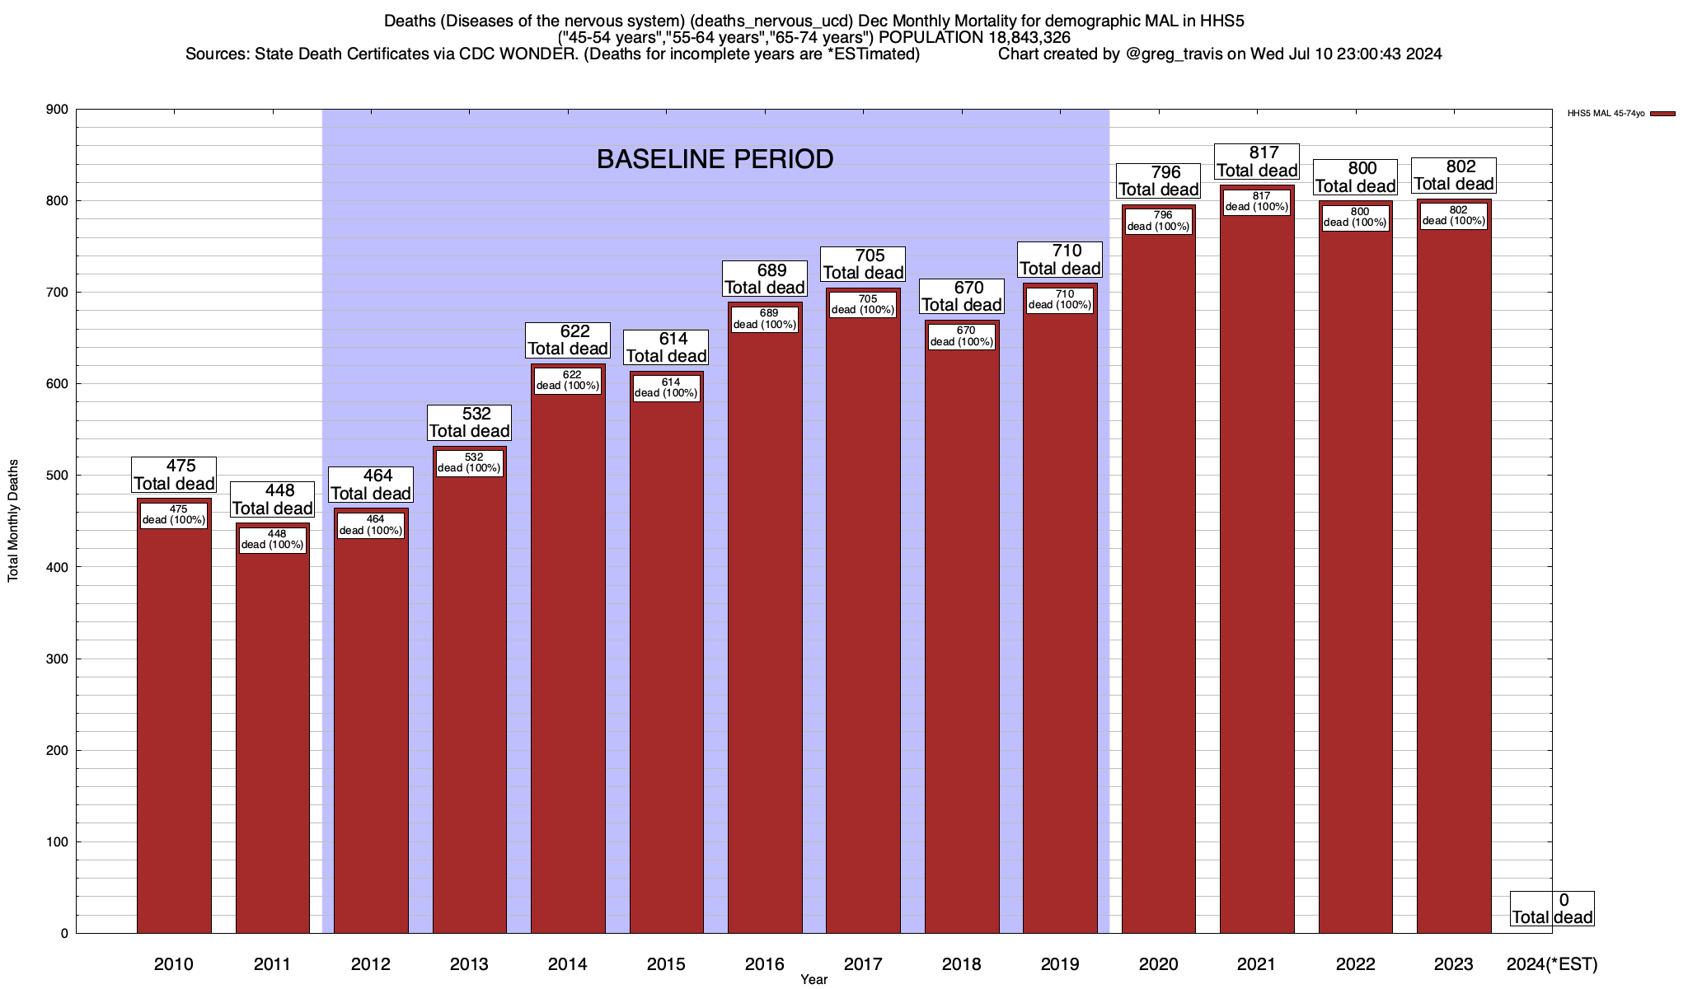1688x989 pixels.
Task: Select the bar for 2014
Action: [568, 659]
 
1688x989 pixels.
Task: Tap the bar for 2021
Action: [1257, 577]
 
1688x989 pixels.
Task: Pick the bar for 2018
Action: [962, 643]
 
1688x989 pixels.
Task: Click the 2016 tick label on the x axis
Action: [765, 963]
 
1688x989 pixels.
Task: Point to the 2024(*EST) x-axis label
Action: [1551, 963]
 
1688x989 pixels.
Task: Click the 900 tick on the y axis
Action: [58, 110]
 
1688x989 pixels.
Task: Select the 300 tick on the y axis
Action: [58, 659]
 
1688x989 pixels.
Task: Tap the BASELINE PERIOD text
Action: [715, 159]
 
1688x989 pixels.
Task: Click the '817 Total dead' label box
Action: [1257, 162]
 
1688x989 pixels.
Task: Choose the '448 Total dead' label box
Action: [272, 499]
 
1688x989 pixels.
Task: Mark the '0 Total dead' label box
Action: [1551, 908]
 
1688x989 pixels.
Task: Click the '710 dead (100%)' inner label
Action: [1060, 300]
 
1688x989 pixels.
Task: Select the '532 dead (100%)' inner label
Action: [469, 463]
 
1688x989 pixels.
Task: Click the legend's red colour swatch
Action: [1663, 114]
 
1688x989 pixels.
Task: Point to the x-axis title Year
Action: [814, 980]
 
